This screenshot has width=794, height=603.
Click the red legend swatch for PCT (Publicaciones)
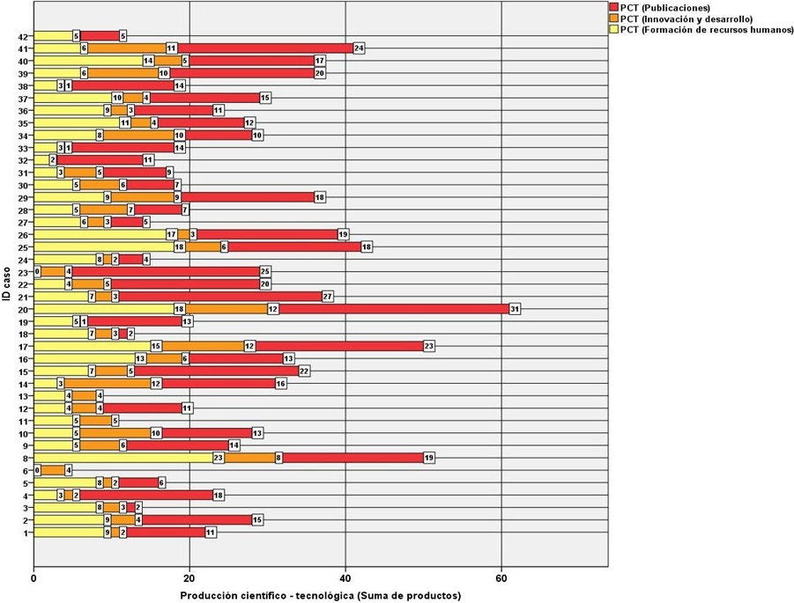(613, 8)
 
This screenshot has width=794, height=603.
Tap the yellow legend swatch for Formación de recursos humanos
(613, 29)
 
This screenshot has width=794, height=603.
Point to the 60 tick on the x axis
(501, 577)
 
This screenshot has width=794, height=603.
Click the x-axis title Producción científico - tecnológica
(321, 595)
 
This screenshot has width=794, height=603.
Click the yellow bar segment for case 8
(123, 458)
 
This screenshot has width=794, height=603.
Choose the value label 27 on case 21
(328, 296)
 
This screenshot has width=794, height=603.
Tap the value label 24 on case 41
(359, 48)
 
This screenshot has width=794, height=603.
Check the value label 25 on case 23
(265, 271)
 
